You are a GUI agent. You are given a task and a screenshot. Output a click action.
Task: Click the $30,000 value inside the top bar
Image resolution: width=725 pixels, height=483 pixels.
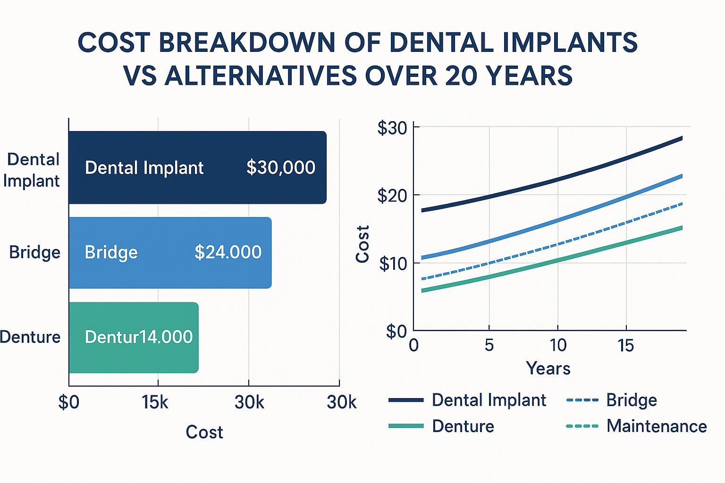click(x=281, y=168)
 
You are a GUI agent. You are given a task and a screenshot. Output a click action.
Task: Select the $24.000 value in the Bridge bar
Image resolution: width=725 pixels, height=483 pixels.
click(x=228, y=252)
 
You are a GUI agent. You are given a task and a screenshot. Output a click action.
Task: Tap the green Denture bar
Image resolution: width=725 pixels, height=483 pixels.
click(x=134, y=337)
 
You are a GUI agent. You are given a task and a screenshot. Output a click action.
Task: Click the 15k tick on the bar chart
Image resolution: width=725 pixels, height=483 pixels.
click(x=155, y=402)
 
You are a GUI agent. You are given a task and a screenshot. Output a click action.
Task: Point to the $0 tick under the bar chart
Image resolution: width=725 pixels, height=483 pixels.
click(x=69, y=402)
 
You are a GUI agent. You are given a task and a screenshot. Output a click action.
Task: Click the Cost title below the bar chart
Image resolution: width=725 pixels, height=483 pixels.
click(x=204, y=432)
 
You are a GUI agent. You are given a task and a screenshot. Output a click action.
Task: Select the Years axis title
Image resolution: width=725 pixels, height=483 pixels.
click(x=548, y=368)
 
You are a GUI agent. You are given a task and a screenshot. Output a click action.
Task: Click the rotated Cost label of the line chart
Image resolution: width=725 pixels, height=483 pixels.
click(x=362, y=244)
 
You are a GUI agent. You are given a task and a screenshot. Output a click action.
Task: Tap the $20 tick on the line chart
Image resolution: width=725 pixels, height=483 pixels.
click(x=392, y=195)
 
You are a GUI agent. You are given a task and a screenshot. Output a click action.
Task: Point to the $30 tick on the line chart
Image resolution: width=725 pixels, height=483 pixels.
click(x=392, y=128)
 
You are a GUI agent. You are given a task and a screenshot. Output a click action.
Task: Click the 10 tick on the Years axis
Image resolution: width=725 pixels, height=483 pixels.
click(x=558, y=346)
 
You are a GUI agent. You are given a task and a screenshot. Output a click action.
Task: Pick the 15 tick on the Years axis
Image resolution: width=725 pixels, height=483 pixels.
click(x=626, y=346)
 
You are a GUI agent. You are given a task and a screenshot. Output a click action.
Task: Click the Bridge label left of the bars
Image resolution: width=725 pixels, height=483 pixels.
click(x=34, y=252)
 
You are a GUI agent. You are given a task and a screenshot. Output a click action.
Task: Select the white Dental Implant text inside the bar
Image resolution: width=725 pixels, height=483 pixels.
click(x=144, y=168)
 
